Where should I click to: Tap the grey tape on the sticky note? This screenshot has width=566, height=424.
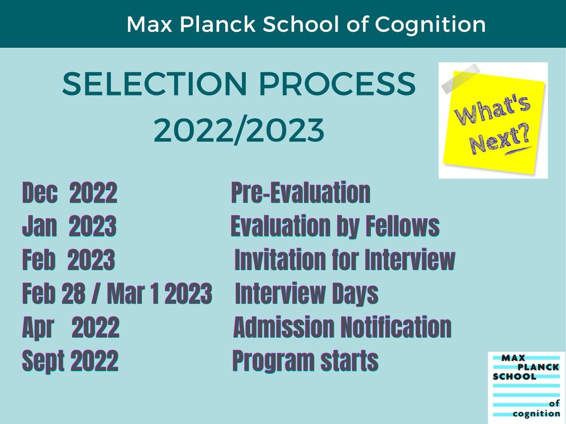point(461,79)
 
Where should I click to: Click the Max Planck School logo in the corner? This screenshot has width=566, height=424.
point(527,387)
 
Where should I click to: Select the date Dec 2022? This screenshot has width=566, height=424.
point(69,193)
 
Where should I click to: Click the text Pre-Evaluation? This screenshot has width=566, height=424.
point(300,193)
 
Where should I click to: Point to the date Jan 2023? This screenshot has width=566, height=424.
point(69,226)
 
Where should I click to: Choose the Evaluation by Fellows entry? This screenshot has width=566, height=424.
point(335,226)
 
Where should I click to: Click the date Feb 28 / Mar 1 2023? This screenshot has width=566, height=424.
point(117,293)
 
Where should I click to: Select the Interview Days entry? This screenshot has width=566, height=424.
point(307,294)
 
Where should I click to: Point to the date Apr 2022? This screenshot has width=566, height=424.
point(71,327)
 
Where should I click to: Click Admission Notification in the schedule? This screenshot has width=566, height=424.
point(343,327)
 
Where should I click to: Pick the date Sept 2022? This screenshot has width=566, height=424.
point(70,361)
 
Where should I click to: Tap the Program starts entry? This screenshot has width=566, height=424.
point(305,361)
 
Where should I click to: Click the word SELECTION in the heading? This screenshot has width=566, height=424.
point(155,84)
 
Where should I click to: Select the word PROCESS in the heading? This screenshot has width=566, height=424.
point(338,84)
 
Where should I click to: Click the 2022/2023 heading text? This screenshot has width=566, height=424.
point(239,130)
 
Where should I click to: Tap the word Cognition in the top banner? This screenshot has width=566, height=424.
point(430,24)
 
